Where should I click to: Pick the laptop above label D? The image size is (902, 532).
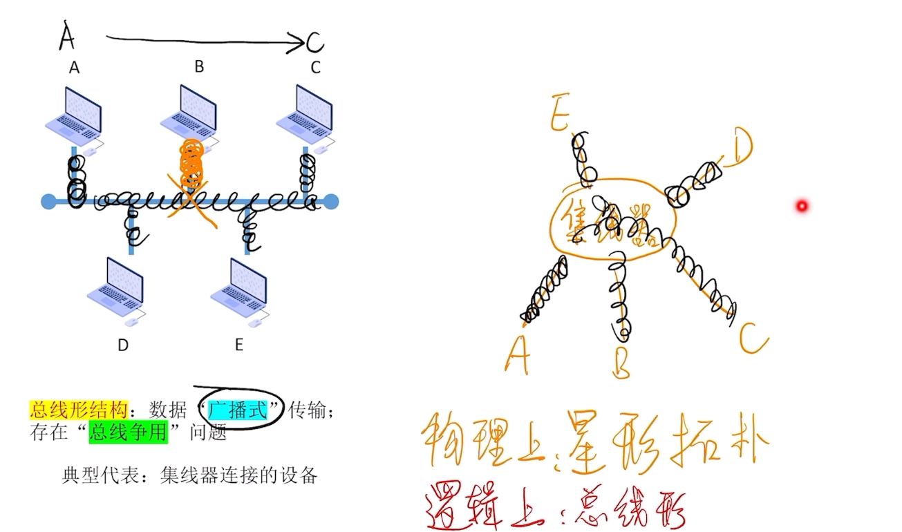(116, 289)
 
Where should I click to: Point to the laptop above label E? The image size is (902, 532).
(240, 289)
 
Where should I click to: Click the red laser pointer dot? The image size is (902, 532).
(802, 206)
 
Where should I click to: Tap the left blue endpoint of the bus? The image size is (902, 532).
(48, 202)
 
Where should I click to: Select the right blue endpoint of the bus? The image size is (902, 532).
(332, 202)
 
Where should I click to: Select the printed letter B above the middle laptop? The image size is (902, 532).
(199, 66)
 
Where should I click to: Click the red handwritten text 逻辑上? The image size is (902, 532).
(471, 510)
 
